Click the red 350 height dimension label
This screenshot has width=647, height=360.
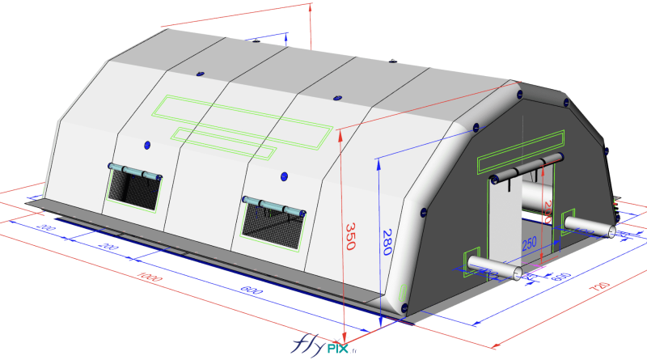tap(351, 235)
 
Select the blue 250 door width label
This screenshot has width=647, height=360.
tap(529, 242)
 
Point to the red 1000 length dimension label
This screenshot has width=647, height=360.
tap(147, 277)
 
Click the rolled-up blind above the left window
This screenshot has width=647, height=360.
tap(134, 171)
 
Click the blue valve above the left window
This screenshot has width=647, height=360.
tap(147, 145)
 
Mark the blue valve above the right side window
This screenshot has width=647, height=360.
tap(284, 176)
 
